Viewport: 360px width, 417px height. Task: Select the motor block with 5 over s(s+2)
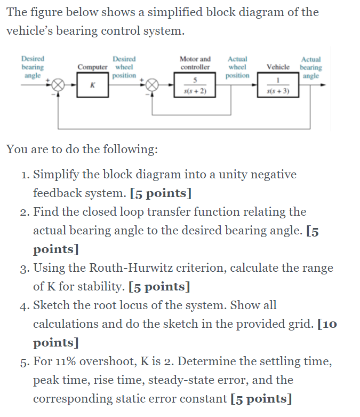[x=195, y=86]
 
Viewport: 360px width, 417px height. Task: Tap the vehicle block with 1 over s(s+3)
[x=278, y=86]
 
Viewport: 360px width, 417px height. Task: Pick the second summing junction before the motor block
[x=153, y=86]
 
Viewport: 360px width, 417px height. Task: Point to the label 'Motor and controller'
[x=195, y=63]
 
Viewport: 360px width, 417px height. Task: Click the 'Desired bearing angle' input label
[x=33, y=67]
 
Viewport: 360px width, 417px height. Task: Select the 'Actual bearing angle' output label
[x=311, y=68]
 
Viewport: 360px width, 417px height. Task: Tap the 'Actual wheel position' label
[x=237, y=67]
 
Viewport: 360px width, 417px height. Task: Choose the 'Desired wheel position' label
[x=124, y=67]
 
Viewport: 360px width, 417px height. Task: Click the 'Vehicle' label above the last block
[x=278, y=67]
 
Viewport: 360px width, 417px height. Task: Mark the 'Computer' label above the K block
[x=93, y=67]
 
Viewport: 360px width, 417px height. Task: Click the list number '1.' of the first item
[x=25, y=175]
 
